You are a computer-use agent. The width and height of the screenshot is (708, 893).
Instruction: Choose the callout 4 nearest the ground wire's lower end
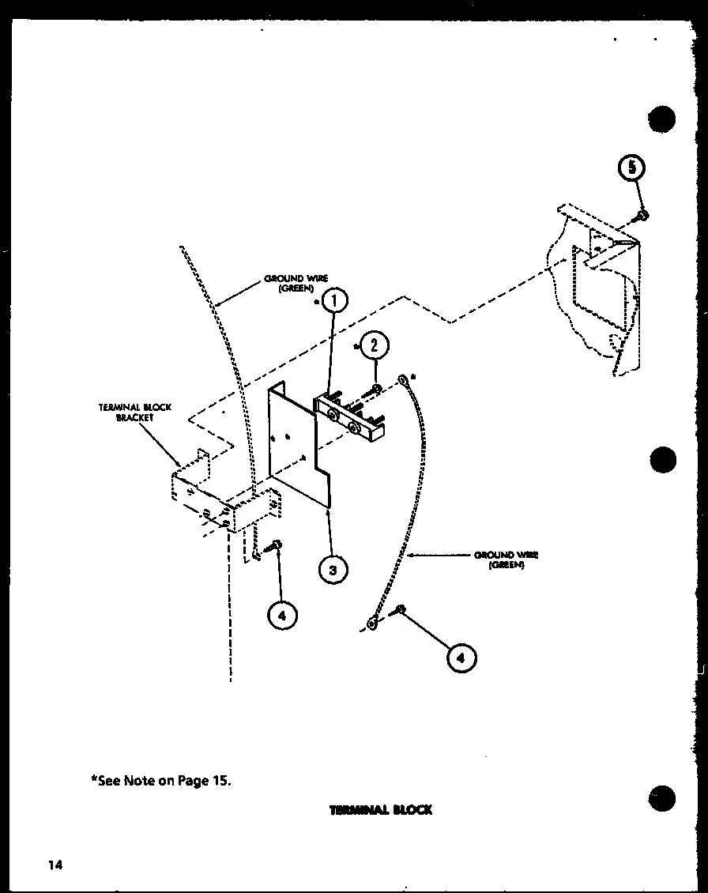point(461,657)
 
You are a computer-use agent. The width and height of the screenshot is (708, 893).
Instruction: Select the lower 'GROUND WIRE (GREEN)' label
point(506,560)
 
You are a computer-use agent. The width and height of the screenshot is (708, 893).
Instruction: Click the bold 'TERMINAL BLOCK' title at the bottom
point(381,810)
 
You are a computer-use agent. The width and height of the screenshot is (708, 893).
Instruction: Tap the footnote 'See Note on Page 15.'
point(160,780)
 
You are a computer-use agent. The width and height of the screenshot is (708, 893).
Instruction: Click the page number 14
point(54,865)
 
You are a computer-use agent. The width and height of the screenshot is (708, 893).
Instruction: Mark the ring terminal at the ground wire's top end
point(404,380)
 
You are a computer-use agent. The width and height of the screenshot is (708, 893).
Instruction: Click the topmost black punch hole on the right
point(662,119)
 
